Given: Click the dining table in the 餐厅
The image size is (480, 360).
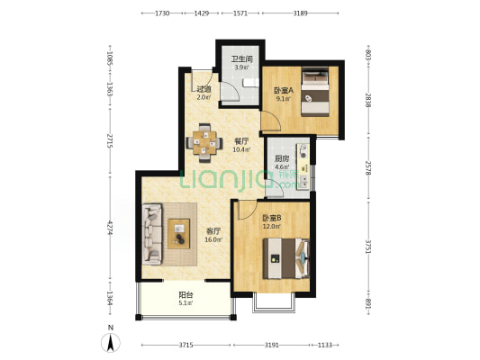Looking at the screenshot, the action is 204,142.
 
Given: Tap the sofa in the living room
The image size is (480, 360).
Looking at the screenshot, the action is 152,234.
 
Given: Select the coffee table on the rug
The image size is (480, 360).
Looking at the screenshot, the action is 179,234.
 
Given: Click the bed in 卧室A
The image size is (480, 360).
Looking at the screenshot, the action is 315,92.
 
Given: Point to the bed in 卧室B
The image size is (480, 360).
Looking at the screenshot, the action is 286,258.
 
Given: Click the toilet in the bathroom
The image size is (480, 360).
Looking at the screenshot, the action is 251,83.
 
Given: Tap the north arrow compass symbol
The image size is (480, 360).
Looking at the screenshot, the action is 111,343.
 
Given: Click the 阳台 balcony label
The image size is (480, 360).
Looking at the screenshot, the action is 186,295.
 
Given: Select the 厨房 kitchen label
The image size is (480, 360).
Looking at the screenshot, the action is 282,158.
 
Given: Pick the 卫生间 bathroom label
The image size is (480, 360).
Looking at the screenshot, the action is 241,59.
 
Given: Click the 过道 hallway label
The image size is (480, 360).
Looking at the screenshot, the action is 204,89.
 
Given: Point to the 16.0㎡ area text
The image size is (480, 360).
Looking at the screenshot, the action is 213,239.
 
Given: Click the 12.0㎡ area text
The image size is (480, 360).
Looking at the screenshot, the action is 272,226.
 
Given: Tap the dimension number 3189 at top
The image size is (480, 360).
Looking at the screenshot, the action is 300,13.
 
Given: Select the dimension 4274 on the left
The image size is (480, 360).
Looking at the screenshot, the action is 110,228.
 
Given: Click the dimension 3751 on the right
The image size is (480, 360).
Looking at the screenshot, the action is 368,247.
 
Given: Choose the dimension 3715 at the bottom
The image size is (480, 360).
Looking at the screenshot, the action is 186,345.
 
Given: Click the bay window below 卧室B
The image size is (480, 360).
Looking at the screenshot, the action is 274,303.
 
